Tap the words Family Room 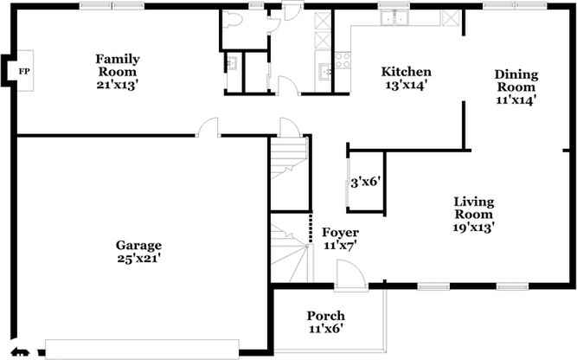tap(118, 65)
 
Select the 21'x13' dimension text tap(118, 84)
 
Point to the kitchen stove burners tap(343, 60)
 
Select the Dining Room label tap(516, 80)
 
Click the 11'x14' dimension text tap(516, 100)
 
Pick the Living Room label tap(474, 208)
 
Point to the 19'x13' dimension tap(474, 227)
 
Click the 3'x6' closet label tap(366, 183)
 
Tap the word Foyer tap(340, 233)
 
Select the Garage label tap(139, 244)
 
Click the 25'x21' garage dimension tap(139, 257)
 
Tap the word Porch tap(326, 315)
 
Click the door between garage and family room tap(208, 129)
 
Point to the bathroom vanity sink tap(232, 62)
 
